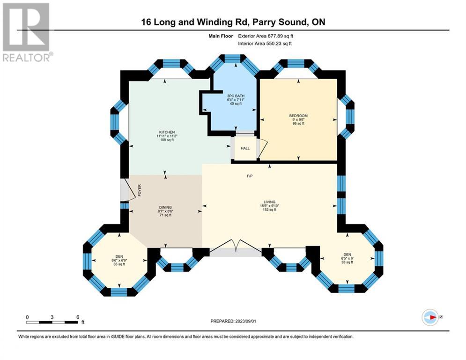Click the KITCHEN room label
(x=167, y=132)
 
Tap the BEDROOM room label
(x=298, y=116)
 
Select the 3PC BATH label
(x=236, y=96)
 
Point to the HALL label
(x=245, y=148)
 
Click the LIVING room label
(x=270, y=202)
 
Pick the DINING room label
(x=165, y=207)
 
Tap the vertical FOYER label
(x=140, y=190)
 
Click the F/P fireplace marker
(x=250, y=176)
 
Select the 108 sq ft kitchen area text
(x=167, y=140)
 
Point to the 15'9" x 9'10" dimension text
(x=270, y=206)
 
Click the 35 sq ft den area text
(x=119, y=264)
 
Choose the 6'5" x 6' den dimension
(x=347, y=258)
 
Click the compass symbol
(x=430, y=317)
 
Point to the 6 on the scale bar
(x=78, y=317)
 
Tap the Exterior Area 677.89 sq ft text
(x=266, y=36)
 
